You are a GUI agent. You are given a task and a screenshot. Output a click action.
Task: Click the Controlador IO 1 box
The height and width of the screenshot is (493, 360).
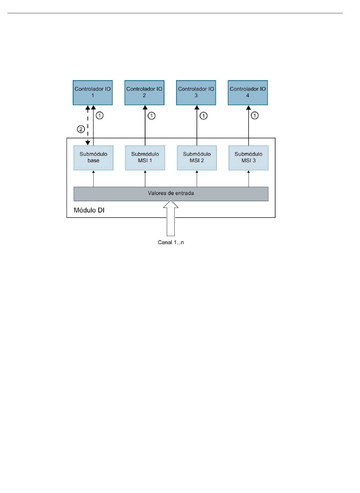(x=92, y=93)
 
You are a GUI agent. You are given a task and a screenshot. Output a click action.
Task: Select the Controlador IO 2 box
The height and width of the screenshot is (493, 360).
(x=144, y=93)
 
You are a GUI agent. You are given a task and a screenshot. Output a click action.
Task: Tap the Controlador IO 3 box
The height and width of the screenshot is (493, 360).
(x=196, y=93)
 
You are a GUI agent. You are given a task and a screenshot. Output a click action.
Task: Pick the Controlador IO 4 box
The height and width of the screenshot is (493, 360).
(x=248, y=93)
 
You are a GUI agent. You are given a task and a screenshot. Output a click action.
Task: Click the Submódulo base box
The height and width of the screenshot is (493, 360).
(x=93, y=158)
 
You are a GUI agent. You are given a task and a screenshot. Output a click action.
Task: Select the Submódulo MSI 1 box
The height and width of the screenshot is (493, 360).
(x=145, y=158)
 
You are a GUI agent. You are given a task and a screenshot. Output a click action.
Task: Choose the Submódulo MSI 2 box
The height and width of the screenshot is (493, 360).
(x=197, y=158)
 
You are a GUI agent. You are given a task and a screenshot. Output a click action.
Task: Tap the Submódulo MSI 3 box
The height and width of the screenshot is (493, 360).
(x=249, y=158)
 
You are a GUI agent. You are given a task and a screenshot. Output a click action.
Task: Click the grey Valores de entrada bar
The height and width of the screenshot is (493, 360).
(x=171, y=194)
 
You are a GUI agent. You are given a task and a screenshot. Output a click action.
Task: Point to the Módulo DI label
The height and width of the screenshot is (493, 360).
(x=89, y=210)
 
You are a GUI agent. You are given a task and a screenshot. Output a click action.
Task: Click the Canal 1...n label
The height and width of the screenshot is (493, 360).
(x=171, y=242)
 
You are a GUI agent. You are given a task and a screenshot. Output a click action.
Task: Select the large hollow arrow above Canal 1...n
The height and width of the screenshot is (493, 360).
(x=171, y=218)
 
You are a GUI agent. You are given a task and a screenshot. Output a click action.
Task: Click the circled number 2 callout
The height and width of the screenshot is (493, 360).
(x=81, y=129)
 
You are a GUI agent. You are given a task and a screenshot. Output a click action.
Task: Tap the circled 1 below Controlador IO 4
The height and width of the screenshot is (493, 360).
(x=255, y=115)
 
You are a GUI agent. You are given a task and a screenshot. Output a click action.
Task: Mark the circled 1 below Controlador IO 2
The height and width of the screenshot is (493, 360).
(x=152, y=116)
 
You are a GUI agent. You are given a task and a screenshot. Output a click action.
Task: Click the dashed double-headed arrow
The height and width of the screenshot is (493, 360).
(x=88, y=125)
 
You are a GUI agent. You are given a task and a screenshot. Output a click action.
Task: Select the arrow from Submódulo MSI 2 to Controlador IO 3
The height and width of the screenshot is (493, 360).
(x=197, y=125)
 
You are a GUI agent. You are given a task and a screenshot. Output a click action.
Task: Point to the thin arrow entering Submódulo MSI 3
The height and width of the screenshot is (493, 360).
(x=249, y=179)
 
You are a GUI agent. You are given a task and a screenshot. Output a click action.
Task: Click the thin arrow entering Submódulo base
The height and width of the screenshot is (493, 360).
(x=93, y=179)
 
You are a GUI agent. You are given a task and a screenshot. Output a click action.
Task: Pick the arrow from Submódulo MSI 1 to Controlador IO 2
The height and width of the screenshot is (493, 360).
(x=145, y=125)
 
